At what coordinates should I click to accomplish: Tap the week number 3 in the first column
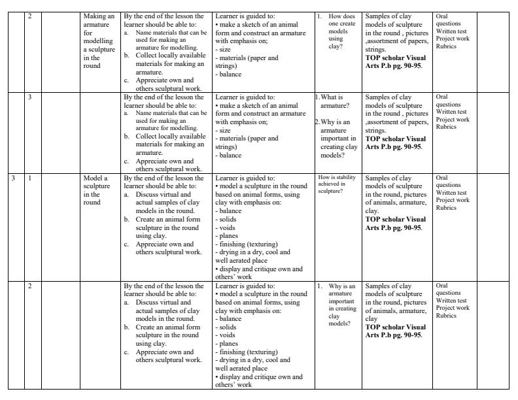[x=14, y=178]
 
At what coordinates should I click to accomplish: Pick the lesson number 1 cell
[x=30, y=178]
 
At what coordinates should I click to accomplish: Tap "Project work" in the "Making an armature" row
[x=453, y=38]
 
